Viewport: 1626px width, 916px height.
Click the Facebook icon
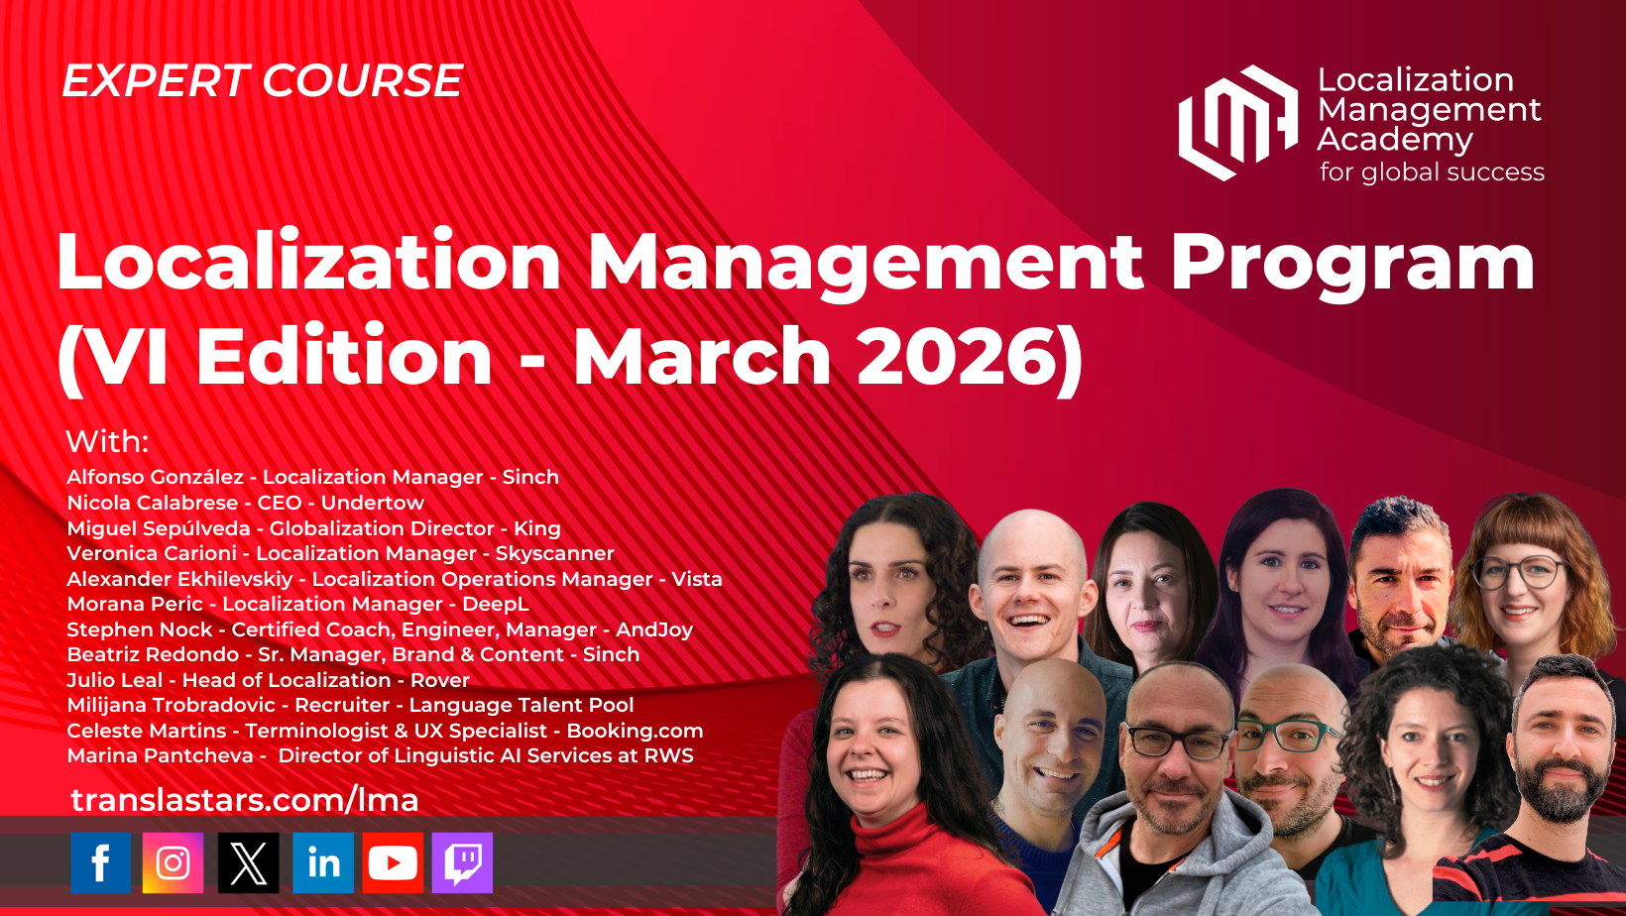pos(101,862)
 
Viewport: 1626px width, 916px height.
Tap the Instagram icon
pos(173,862)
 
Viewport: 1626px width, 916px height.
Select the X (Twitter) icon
pos(248,862)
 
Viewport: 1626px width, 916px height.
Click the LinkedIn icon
pos(323,862)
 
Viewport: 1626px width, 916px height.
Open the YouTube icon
pos(393,862)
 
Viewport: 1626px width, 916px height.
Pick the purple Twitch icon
pos(462,862)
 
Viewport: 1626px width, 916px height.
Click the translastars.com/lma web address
pos(245,800)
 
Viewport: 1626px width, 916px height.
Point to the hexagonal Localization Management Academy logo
pos(1237,123)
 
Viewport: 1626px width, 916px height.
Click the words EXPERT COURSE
pos(262,80)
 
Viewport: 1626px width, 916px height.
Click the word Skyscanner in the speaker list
pos(554,553)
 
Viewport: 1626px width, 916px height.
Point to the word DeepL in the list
pos(496,604)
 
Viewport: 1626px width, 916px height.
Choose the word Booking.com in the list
pos(635,731)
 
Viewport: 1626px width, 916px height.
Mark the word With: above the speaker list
pos(107,441)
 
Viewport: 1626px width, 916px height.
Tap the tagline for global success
pos(1432,172)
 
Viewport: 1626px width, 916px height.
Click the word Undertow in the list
pos(373,503)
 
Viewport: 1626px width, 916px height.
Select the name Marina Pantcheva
pos(160,755)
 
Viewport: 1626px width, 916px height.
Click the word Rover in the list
pos(440,680)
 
